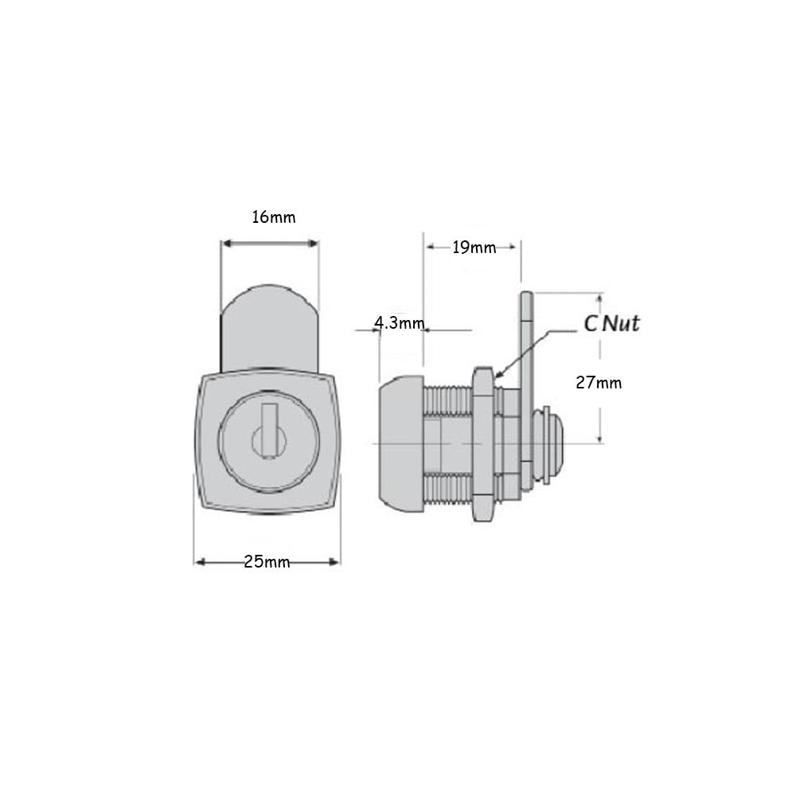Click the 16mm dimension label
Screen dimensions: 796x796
[273, 217]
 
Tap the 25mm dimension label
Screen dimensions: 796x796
[267, 562]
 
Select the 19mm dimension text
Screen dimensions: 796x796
[474, 247]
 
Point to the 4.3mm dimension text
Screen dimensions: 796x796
[399, 323]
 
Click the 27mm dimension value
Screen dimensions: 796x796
[599, 383]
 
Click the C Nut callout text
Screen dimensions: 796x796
[611, 323]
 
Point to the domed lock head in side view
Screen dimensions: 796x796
[398, 443]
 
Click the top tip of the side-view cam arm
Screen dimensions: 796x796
[526, 297]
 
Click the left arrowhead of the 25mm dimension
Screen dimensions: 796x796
[197, 562]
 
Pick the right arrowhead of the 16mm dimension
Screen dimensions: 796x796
[315, 244]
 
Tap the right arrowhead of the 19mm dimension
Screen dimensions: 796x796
[517, 247]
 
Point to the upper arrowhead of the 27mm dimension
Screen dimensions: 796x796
[600, 296]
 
